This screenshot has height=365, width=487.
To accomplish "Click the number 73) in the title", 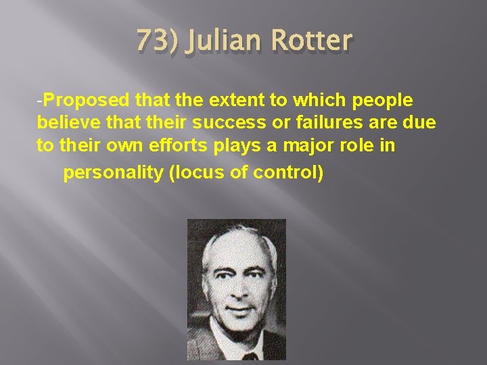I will pos(156,41).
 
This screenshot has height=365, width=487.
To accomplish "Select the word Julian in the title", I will pos(223,41).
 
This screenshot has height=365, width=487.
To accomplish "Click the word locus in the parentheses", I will pos(196,173).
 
